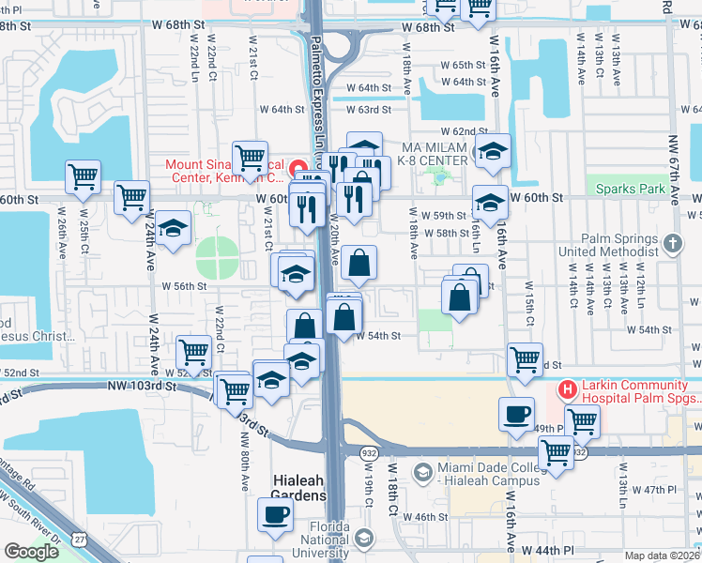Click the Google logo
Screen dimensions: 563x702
(31, 552)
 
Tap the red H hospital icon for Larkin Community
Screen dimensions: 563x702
(567, 388)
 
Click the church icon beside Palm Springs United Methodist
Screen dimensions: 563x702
(672, 245)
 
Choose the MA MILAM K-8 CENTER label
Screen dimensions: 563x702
(435, 154)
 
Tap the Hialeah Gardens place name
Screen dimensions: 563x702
(299, 487)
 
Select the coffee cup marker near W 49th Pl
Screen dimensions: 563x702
(516, 414)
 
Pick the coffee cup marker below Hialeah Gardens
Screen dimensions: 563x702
(276, 513)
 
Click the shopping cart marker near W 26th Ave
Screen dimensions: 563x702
(84, 175)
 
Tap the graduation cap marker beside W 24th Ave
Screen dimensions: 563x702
(173, 228)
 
